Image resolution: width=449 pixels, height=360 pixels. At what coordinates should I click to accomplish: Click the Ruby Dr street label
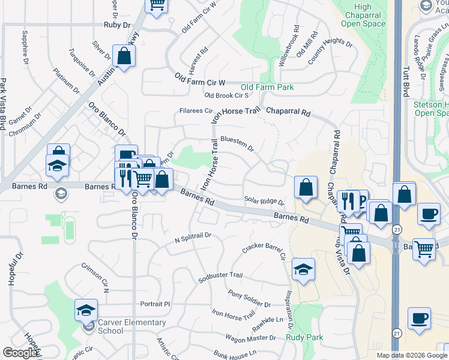[x=116, y=25]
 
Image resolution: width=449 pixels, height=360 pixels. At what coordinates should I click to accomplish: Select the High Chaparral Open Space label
[x=363, y=15]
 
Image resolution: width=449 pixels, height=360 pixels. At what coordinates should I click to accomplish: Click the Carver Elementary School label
[x=131, y=326]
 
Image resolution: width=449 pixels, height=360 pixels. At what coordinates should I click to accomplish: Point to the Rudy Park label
[x=304, y=337]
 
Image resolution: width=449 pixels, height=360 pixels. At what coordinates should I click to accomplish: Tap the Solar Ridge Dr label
[x=264, y=200]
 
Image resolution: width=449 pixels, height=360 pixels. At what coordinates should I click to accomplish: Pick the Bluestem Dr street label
[x=237, y=143]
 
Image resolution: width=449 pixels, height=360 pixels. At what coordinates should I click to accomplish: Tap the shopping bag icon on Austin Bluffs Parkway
[x=124, y=57]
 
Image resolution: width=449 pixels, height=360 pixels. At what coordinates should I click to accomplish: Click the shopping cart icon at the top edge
[x=157, y=5]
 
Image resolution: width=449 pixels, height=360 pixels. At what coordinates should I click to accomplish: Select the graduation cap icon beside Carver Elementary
[x=86, y=310]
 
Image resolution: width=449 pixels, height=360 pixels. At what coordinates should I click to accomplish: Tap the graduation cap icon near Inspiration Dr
[x=304, y=270]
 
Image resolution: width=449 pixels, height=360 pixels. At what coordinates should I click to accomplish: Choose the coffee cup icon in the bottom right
[x=419, y=318]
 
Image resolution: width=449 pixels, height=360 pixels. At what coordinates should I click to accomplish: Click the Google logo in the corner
[x=20, y=353]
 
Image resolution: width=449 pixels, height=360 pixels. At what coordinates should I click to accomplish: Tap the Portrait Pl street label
[x=155, y=304]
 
